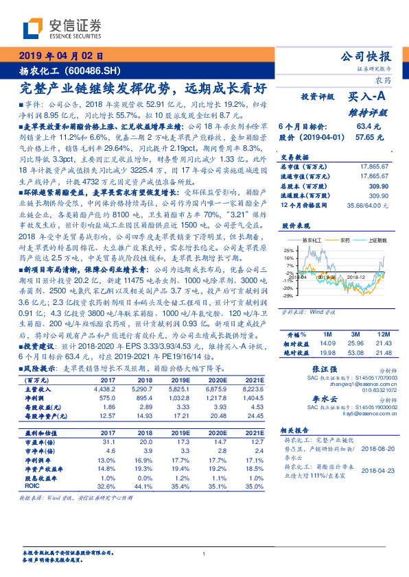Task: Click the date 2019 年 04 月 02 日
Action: [x=60, y=56]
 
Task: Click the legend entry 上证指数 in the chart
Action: [x=375, y=241]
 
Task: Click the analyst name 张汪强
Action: [x=321, y=369]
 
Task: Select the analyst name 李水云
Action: [x=321, y=399]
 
